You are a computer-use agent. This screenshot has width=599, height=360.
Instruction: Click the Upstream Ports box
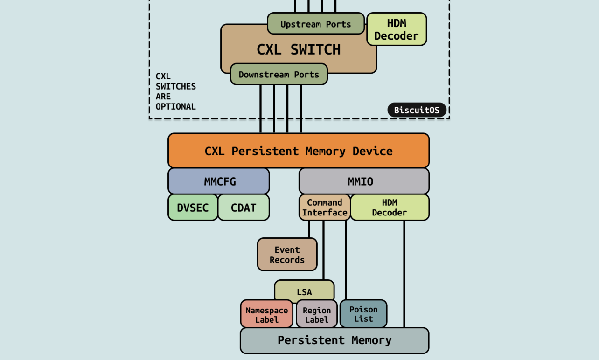click(x=315, y=24)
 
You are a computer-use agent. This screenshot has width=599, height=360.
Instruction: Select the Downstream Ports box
click(x=279, y=74)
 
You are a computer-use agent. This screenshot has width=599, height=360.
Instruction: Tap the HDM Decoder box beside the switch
click(x=397, y=29)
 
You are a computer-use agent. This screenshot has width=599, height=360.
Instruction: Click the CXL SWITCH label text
click(x=299, y=49)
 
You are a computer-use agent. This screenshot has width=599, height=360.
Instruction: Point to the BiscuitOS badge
click(x=417, y=110)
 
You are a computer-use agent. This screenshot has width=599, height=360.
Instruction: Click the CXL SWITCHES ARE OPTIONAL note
click(x=175, y=91)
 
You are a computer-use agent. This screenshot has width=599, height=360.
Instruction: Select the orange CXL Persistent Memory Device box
click(x=299, y=151)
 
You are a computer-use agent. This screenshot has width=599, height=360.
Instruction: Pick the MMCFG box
click(x=219, y=181)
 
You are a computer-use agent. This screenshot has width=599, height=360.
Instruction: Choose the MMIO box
click(x=364, y=181)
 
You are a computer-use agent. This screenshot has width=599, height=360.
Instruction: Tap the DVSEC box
click(x=193, y=208)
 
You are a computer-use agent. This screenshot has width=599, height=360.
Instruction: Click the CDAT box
click(x=244, y=208)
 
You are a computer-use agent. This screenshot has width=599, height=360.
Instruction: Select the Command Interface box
click(x=324, y=208)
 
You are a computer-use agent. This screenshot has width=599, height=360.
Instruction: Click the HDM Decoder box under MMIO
click(x=390, y=208)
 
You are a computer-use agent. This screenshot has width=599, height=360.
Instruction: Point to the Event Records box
click(x=287, y=255)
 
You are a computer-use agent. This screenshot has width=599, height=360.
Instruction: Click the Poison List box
click(x=363, y=314)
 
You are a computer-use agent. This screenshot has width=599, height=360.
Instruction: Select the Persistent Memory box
click(x=334, y=340)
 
